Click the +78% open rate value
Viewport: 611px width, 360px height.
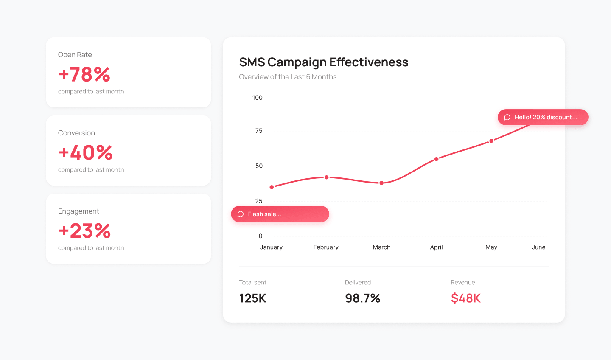point(84,74)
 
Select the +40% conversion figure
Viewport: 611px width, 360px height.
point(85,153)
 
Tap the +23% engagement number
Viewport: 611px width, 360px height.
point(84,231)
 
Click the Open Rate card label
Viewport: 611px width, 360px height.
point(75,55)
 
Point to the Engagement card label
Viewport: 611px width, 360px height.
point(78,211)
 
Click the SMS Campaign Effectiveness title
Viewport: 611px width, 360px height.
point(323,62)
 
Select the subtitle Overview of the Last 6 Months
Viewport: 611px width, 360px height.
point(288,77)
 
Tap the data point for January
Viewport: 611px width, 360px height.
point(272,187)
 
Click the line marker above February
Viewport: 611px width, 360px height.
point(327,177)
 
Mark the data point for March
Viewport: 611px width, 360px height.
point(381,183)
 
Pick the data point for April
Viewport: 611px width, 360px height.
point(436,159)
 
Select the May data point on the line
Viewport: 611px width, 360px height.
point(491,141)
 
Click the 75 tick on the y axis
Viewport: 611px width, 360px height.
point(259,131)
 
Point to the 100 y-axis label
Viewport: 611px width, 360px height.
point(257,98)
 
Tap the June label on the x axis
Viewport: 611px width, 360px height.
point(538,247)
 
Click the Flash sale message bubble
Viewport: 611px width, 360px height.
point(280,214)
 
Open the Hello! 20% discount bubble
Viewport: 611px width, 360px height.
point(543,117)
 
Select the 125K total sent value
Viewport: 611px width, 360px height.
point(252,298)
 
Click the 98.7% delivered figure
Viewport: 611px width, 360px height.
point(362,298)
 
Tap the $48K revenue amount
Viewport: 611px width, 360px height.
point(465,298)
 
